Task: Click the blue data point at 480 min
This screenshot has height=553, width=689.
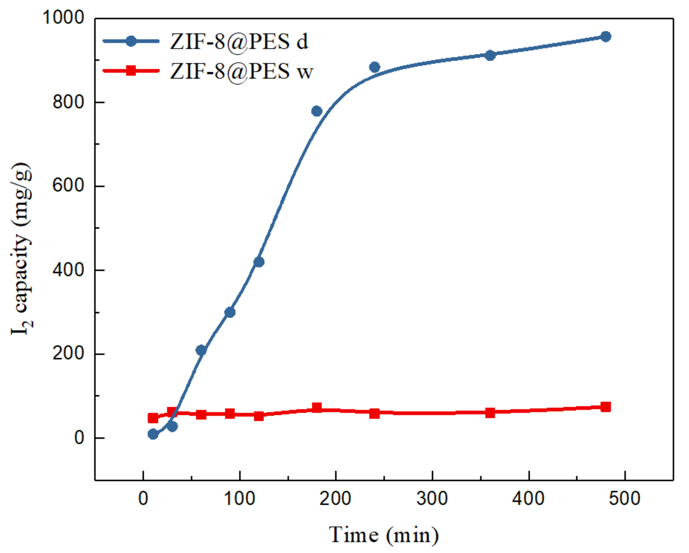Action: [x=606, y=37]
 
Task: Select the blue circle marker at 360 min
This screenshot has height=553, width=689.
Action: [x=490, y=55]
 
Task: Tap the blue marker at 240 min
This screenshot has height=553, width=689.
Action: [x=375, y=67]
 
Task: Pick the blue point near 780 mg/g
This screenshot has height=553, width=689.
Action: [x=317, y=111]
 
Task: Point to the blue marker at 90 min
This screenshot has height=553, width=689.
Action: [x=230, y=312]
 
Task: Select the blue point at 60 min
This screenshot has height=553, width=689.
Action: [x=201, y=350]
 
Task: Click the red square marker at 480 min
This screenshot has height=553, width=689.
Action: [x=606, y=407]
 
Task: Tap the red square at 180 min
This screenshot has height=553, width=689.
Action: [x=317, y=408]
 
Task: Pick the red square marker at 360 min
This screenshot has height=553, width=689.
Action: [x=490, y=413]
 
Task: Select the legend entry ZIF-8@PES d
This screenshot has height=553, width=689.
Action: [x=239, y=41]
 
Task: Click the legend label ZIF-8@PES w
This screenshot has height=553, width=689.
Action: [x=242, y=71]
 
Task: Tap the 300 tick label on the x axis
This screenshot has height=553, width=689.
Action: [x=432, y=498]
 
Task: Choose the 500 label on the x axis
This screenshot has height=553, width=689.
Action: [x=624, y=498]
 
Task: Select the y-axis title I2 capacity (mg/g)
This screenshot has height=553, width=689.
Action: [x=22, y=249]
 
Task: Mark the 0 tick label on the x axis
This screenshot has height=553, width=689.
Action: [x=143, y=498]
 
